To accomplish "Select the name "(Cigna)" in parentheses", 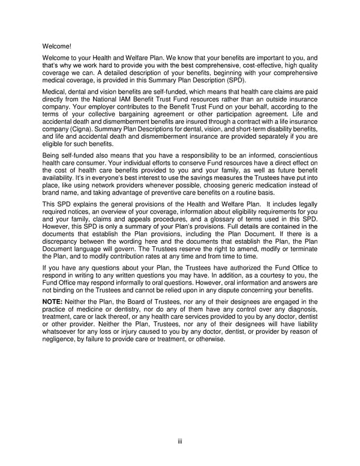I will click(88, 130).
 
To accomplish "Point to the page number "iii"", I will click(179, 442).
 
